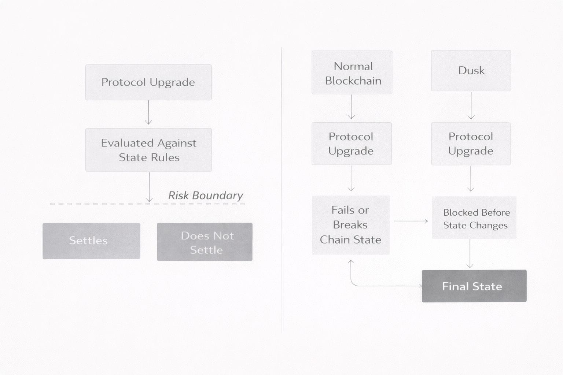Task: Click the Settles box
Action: tap(91, 241)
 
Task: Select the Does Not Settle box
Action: tap(205, 242)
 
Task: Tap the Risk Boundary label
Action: tap(205, 196)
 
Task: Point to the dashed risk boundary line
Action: tap(92, 204)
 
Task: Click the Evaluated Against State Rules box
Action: tap(148, 150)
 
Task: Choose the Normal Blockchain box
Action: tap(352, 73)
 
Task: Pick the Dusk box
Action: tap(471, 71)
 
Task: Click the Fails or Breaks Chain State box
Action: tap(350, 225)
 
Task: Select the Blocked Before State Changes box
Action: tap(474, 218)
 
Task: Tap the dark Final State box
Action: tap(474, 286)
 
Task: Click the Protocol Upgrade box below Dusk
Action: tap(471, 144)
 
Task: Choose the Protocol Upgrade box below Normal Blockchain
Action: tap(352, 144)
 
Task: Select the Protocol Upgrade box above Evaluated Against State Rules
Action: tap(148, 82)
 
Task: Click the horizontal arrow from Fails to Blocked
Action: tap(411, 221)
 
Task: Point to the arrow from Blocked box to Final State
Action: tap(470, 254)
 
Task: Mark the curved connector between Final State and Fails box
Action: tap(381, 286)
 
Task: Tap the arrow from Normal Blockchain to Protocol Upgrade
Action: tap(351, 107)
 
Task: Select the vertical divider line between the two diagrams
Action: tap(281, 190)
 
